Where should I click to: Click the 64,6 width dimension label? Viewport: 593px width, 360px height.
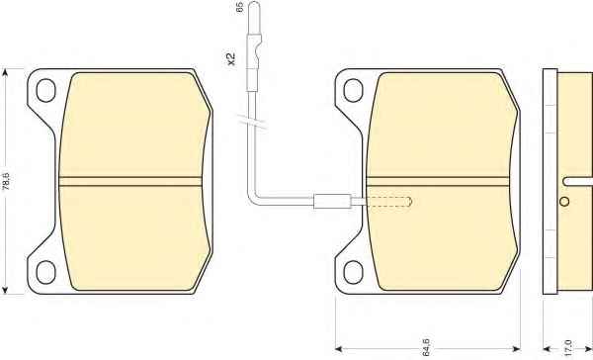426,347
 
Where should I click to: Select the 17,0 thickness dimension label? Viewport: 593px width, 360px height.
567,348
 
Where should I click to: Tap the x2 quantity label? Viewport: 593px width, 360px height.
230,58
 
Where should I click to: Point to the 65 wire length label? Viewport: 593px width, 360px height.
239,7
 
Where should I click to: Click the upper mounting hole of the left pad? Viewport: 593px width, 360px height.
45,90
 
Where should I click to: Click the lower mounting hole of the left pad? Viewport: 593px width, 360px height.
45,272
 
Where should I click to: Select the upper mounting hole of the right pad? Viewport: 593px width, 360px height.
353,90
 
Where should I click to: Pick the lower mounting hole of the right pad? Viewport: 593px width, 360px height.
353,272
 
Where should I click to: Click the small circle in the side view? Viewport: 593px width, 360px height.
564,202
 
